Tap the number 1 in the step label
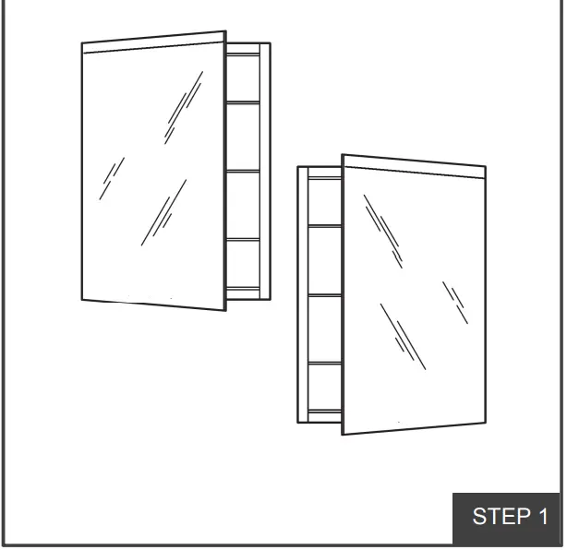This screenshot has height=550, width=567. click(544, 517)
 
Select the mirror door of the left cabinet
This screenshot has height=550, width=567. click(153, 175)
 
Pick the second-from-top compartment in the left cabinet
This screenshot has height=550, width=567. click(243, 137)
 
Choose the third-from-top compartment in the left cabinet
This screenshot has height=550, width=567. click(243, 205)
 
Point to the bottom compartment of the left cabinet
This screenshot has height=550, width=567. click(243, 265)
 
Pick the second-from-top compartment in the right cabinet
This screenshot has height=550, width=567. click(324, 260)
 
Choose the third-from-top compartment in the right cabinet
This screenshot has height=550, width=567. click(324, 329)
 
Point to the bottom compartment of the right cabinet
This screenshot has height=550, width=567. click(324, 388)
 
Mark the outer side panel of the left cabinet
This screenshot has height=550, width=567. click(265, 171)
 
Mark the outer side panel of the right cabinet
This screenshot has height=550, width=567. click(302, 295)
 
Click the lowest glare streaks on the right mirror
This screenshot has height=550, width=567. click(403, 337)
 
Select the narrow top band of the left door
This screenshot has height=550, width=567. click(153, 42)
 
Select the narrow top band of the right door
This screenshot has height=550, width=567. click(414, 166)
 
